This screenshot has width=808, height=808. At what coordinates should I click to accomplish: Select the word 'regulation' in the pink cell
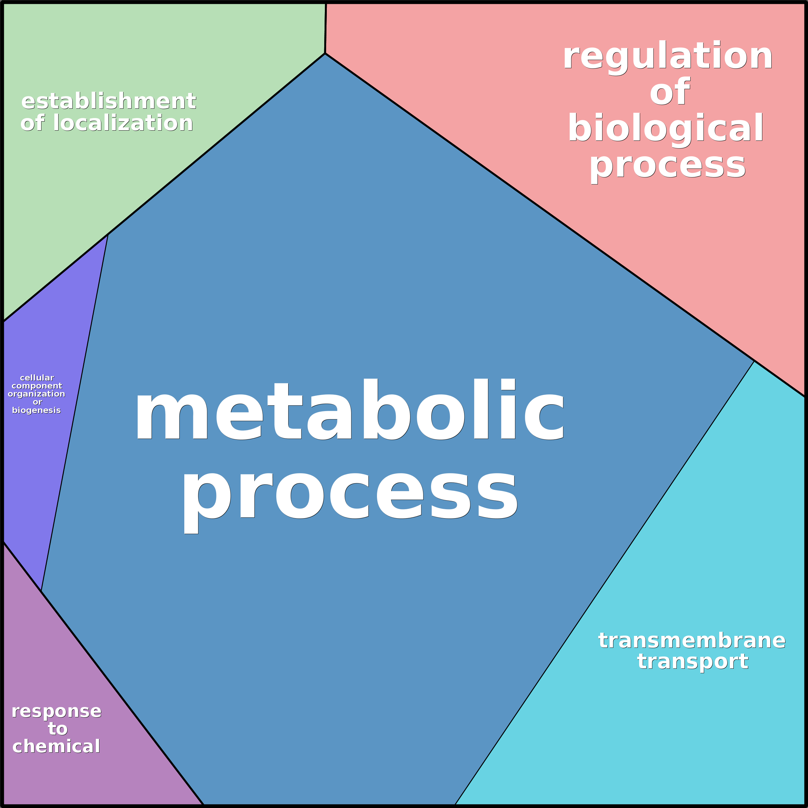[667, 57]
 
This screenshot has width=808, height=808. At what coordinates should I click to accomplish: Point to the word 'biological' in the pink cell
[666, 129]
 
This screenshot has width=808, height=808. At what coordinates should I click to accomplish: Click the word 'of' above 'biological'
[669, 92]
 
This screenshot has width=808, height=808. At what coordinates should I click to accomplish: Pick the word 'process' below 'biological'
[667, 165]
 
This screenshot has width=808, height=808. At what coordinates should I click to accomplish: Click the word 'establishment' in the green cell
[109, 101]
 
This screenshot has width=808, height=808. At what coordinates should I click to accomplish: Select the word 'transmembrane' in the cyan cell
[692, 641]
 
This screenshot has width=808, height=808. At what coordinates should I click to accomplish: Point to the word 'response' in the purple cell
[57, 711]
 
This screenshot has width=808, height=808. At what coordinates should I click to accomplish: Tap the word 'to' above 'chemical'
[58, 729]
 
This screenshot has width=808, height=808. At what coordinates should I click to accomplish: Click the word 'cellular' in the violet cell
[37, 378]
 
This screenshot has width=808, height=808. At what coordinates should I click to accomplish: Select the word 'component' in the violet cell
[37, 386]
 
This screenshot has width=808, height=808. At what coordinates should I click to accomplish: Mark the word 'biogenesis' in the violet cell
[36, 410]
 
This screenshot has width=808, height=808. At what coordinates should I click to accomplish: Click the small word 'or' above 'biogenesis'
[37, 402]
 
